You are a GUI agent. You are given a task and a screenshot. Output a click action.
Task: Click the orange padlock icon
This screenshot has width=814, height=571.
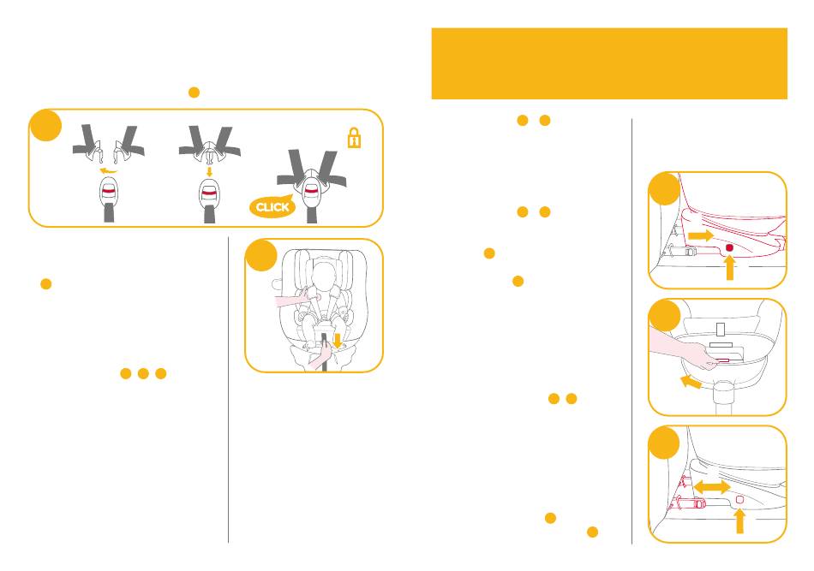(x=354, y=140)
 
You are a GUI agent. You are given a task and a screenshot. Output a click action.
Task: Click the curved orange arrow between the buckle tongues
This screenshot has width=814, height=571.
(x=109, y=170)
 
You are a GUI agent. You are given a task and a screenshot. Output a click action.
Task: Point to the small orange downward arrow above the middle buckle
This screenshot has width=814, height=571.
(x=209, y=170)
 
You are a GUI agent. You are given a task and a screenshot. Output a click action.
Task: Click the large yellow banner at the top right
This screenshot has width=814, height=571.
(x=608, y=63)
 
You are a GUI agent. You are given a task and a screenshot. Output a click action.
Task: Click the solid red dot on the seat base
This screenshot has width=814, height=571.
(x=729, y=247)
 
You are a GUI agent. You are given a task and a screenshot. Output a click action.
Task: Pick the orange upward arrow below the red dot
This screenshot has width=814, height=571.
(x=729, y=269)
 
